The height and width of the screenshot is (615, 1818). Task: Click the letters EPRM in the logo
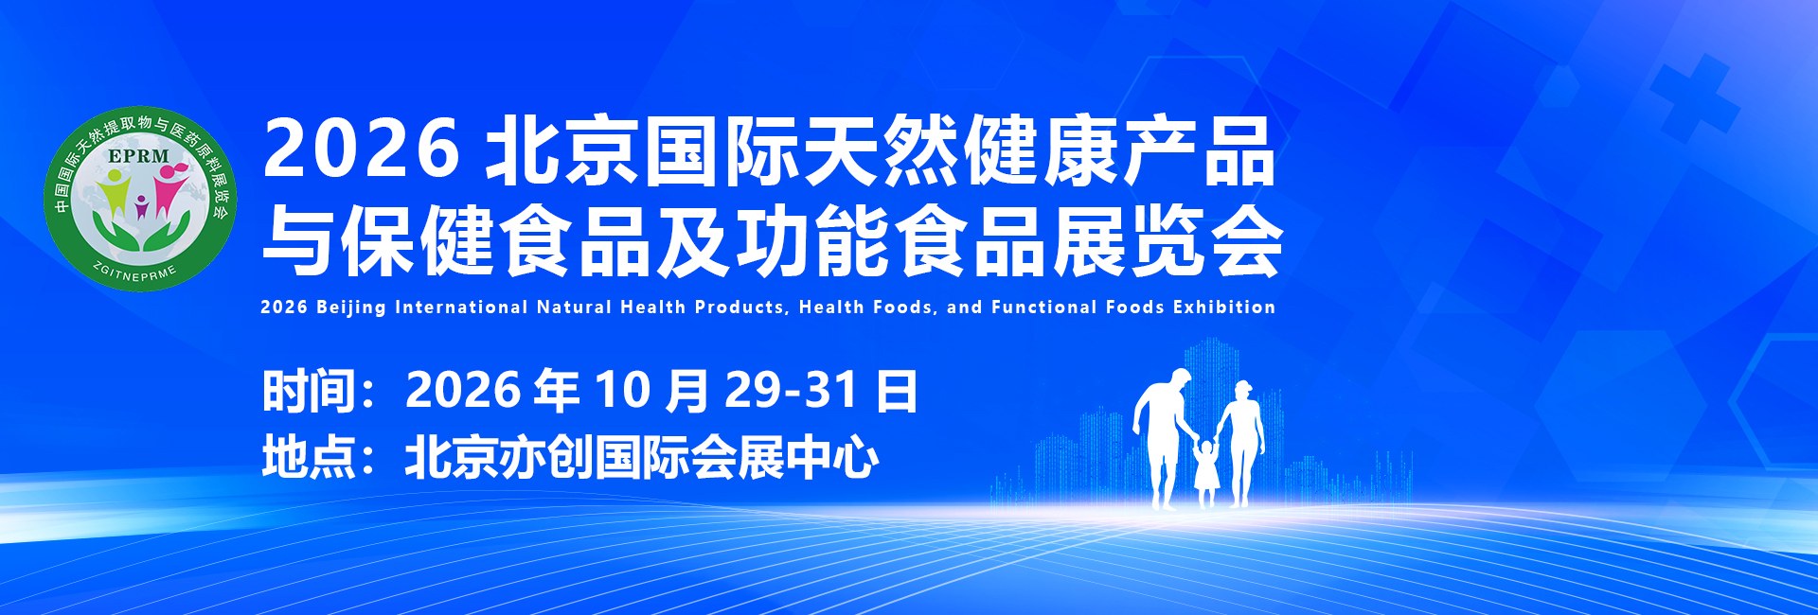pos(138,156)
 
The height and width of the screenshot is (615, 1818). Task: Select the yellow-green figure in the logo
pos(117,194)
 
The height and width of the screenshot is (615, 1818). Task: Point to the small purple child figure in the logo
pos(142,207)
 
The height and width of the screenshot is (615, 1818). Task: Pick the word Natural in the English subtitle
pos(574,307)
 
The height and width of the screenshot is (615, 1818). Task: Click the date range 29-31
pos(792,390)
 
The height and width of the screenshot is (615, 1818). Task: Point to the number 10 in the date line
pos(622,390)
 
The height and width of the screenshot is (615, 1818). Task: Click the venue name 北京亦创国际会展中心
pos(642,458)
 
